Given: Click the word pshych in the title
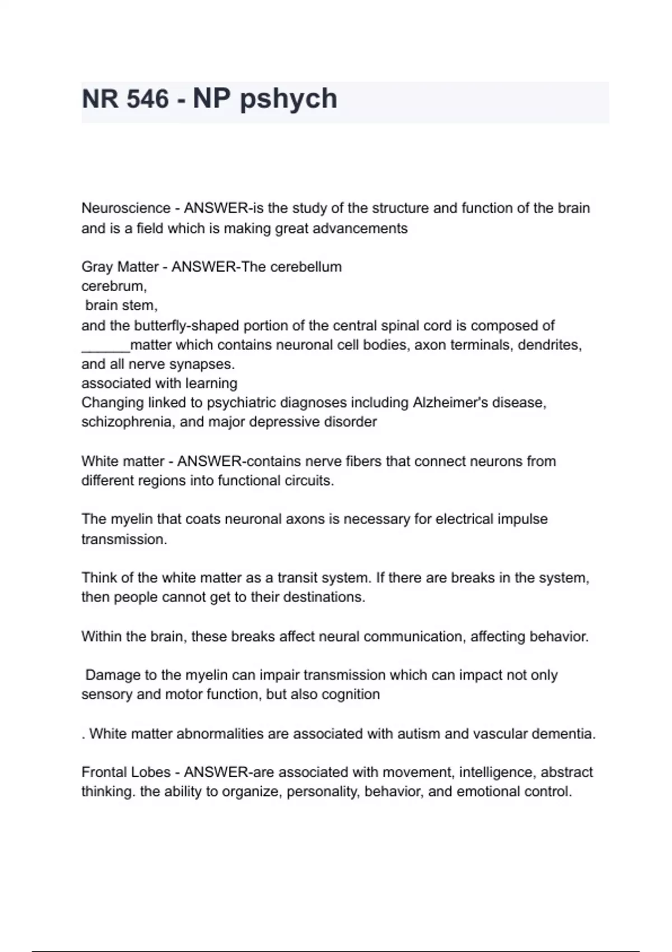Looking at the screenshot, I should point(288,99).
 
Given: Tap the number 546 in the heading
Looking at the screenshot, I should point(147,99).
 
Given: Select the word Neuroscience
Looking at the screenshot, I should point(126,208).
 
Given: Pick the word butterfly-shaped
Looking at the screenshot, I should point(176,325).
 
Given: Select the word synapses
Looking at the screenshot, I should point(201,364).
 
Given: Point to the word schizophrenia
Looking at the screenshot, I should point(127,422).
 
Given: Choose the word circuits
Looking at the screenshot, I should point(307,480).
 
